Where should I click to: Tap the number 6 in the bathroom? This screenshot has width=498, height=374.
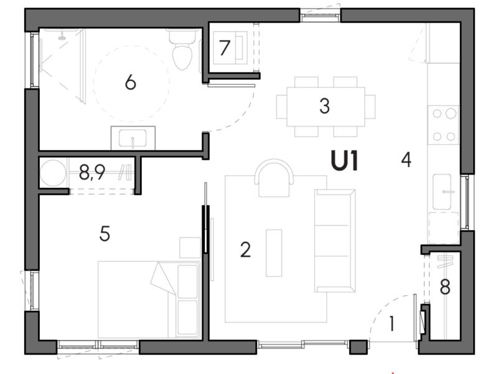130,82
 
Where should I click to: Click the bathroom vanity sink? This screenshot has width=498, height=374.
133,137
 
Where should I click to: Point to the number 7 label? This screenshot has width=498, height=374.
225,47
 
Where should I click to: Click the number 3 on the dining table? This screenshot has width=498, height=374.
324,106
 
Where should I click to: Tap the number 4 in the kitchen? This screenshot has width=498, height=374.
406,160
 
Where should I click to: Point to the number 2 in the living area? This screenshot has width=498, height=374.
245,250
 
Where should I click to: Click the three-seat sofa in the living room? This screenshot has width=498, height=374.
334,240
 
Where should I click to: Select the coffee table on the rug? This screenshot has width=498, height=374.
274,252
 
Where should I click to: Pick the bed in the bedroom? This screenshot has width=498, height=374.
148,299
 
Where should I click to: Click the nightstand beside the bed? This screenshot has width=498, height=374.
189,247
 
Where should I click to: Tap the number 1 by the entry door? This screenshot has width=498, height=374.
392,324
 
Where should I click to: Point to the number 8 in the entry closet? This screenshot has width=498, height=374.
444,287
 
